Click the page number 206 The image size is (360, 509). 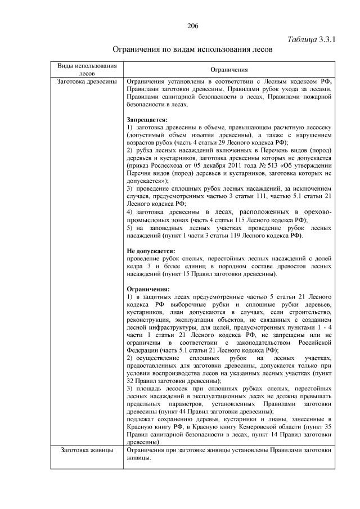click(193, 26)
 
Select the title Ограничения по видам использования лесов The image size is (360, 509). click(193, 49)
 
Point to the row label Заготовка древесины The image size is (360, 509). click(87, 82)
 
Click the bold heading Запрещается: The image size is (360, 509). click(147, 120)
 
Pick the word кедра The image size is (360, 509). click(137, 266)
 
